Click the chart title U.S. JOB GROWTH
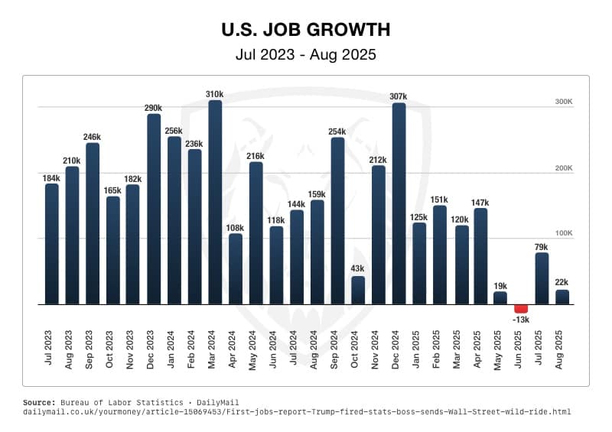point(306,30)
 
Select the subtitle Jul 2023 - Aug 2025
point(306,54)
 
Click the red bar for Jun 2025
point(521,308)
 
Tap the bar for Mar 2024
point(215,203)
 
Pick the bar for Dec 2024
point(399,204)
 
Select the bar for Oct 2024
point(358,291)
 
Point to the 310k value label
point(215,94)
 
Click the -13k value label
point(521,320)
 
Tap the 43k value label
point(358,269)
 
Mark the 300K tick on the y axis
point(564,102)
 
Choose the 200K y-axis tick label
point(564,167)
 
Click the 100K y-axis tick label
point(564,233)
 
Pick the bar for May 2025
point(500,298)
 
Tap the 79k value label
point(542,246)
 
